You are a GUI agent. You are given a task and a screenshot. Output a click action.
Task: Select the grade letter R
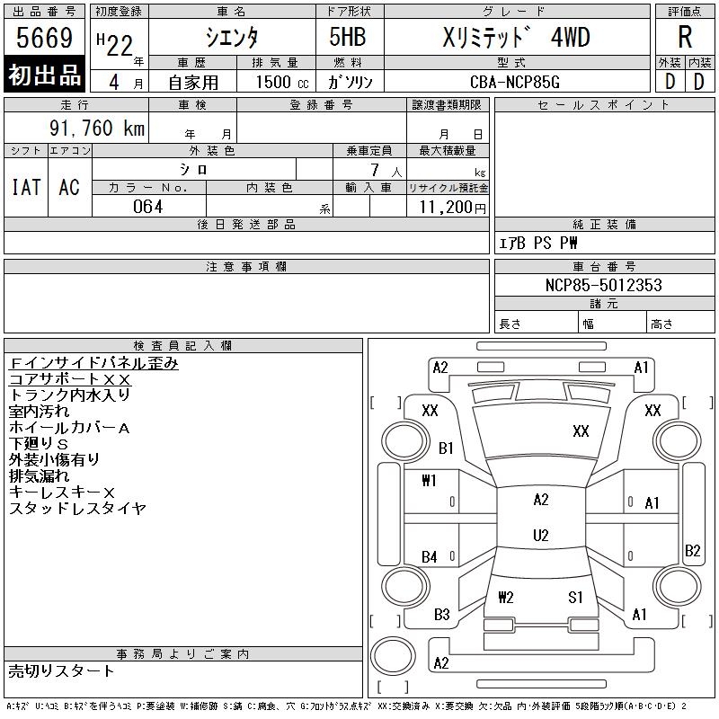coord(685,38)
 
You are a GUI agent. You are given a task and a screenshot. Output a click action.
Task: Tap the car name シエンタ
coord(231,38)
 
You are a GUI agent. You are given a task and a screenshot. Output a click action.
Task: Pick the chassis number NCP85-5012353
coord(603,285)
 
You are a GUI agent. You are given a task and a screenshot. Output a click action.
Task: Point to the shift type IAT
coord(26,187)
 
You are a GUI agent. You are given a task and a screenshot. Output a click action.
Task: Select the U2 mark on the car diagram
coord(540,536)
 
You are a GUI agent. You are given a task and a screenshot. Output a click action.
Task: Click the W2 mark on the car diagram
coord(505,597)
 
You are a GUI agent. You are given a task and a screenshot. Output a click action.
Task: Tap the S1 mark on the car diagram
coord(575,597)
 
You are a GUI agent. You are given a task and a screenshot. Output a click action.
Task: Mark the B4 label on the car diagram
coord(430,557)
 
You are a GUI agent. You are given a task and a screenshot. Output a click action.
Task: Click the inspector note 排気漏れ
coord(41,475)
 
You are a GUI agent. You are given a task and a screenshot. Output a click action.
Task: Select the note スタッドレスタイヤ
coord(77,509)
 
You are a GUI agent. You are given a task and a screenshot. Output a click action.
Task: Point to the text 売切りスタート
coord(62,670)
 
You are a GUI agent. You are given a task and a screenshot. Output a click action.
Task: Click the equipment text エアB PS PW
coord(538,243)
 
